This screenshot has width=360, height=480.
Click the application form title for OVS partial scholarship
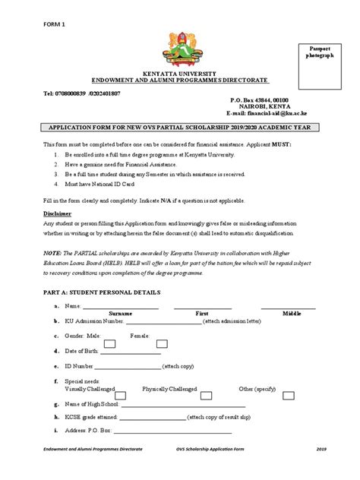point(179,128)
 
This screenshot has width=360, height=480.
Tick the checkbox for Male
point(109,343)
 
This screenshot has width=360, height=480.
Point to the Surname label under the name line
point(121,313)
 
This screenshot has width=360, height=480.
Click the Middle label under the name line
point(292,313)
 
